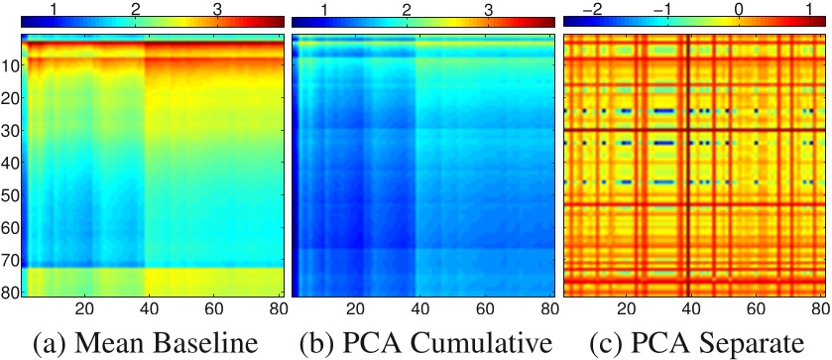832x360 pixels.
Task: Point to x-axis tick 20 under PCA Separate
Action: [x=627, y=308]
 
